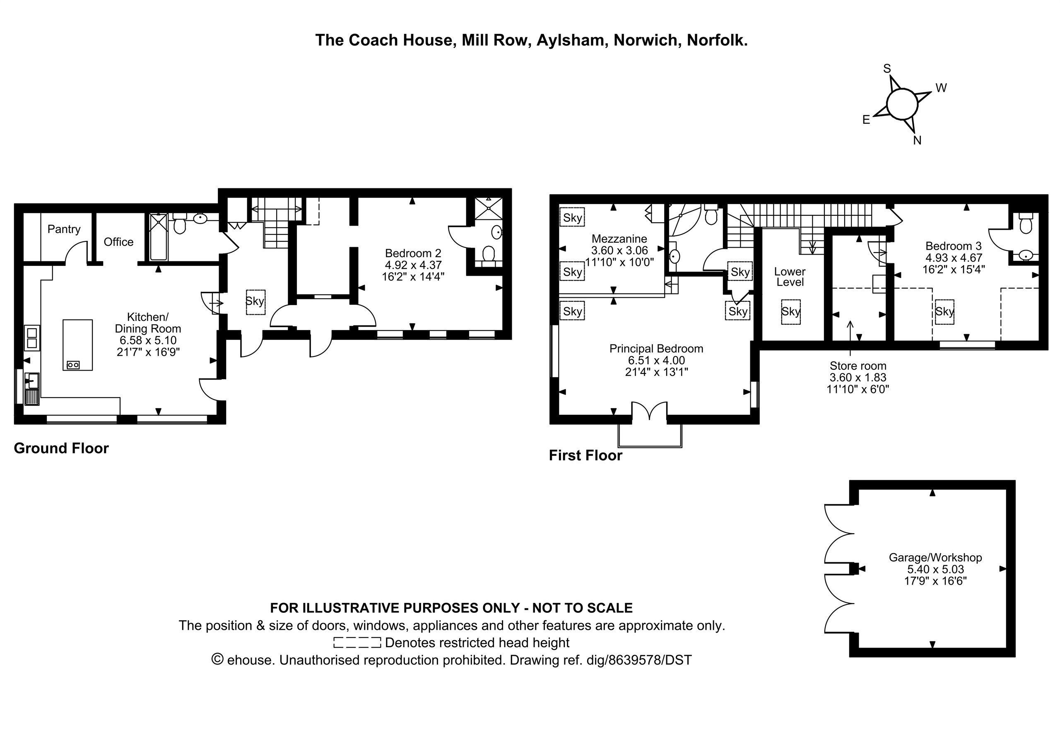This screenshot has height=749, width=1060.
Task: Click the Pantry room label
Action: pyautogui.click(x=64, y=229)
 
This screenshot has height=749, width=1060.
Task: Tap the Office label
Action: pyautogui.click(x=119, y=242)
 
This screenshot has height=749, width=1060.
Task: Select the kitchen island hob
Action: pyautogui.click(x=73, y=365)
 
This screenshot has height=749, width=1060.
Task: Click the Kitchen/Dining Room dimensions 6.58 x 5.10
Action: pyautogui.click(x=148, y=340)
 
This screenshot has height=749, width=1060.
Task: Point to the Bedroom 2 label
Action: pyautogui.click(x=413, y=253)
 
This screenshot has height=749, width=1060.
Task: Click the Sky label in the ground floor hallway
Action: pyautogui.click(x=255, y=301)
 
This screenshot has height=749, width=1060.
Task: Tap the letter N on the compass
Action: pyautogui.click(x=917, y=140)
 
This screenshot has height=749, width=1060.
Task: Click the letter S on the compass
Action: pyautogui.click(x=887, y=69)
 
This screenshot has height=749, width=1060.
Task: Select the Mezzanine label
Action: pyautogui.click(x=619, y=239)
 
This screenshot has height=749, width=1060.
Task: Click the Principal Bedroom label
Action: pyautogui.click(x=657, y=349)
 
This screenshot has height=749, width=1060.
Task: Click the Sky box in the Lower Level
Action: pyautogui.click(x=791, y=312)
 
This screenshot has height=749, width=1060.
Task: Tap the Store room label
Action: pyautogui.click(x=858, y=366)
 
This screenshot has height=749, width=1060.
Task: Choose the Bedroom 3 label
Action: pyautogui.click(x=954, y=246)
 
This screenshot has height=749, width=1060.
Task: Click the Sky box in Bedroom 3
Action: pyautogui.click(x=944, y=312)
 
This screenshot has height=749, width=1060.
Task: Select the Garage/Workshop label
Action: pyautogui.click(x=935, y=557)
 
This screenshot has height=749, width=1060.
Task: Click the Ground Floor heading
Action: pyautogui.click(x=61, y=448)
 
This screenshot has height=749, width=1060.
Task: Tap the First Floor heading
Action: pyautogui.click(x=585, y=455)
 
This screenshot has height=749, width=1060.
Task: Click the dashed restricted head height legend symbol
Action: pyautogui.click(x=357, y=642)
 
